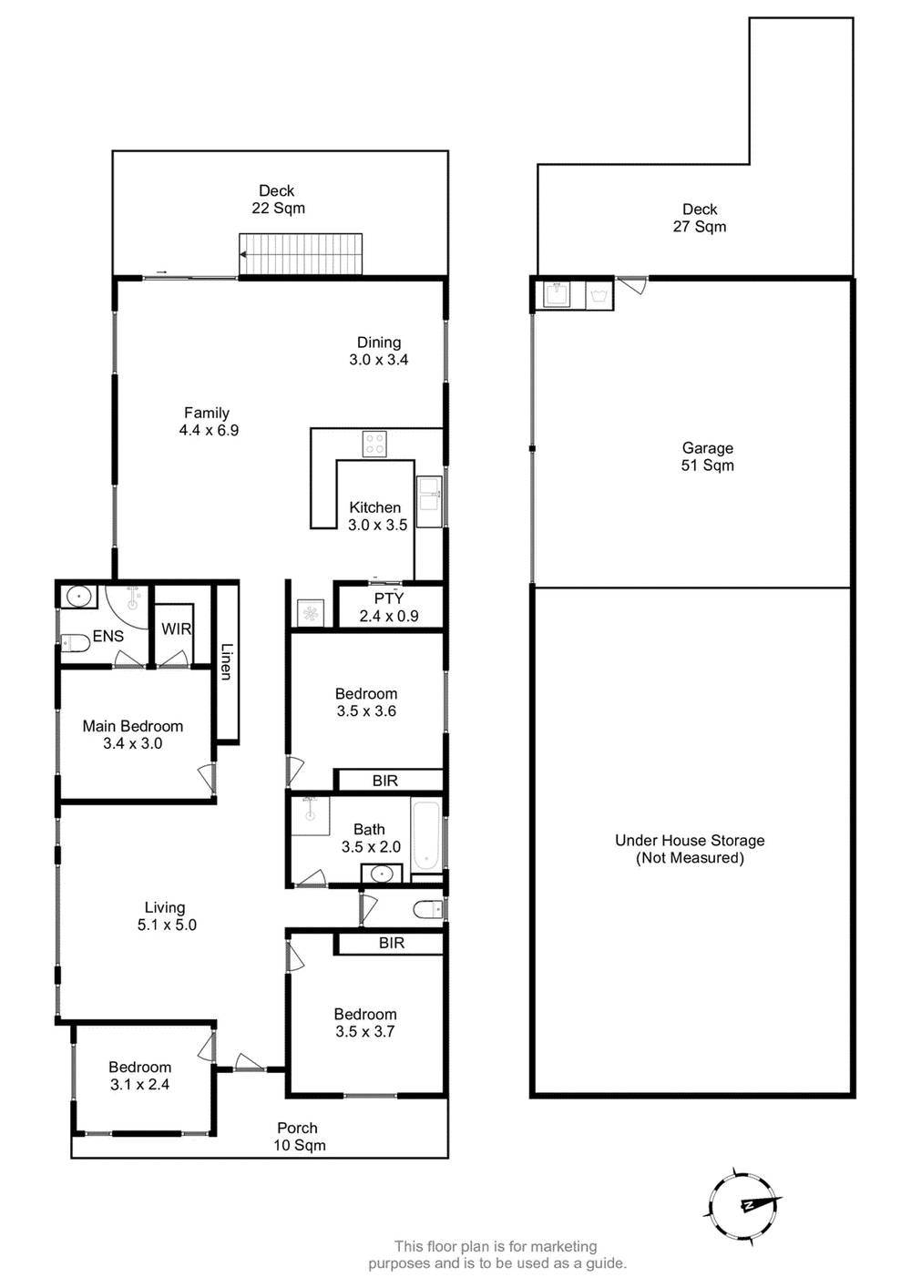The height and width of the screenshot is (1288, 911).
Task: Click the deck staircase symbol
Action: (x=301, y=254)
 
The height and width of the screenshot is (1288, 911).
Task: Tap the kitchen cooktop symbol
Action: (x=374, y=444)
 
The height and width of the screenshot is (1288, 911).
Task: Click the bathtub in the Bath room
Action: (x=426, y=834)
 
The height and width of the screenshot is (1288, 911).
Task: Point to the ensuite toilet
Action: (x=74, y=643)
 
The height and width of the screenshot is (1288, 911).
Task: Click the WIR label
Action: (x=176, y=629)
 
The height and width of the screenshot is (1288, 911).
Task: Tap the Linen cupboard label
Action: (x=227, y=661)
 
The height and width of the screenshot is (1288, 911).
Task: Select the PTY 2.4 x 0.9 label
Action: (x=389, y=608)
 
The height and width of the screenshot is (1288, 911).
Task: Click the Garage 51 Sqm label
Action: (x=708, y=456)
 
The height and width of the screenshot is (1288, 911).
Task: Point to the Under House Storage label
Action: (x=690, y=849)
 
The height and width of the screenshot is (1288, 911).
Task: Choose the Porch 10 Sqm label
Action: (x=299, y=1137)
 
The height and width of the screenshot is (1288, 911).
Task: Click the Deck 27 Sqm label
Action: (x=700, y=218)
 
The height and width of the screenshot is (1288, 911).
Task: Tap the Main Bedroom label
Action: (x=133, y=734)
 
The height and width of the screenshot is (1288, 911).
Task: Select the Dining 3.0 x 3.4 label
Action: (x=379, y=351)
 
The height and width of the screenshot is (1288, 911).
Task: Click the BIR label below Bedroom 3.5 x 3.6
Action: (x=385, y=781)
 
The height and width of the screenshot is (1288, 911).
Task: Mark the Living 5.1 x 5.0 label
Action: (x=166, y=915)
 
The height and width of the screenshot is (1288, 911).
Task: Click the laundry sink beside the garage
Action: (x=557, y=294)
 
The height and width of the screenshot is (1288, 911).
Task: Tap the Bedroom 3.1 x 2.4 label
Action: (x=140, y=1076)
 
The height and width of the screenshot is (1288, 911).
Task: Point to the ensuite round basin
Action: (x=80, y=597)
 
